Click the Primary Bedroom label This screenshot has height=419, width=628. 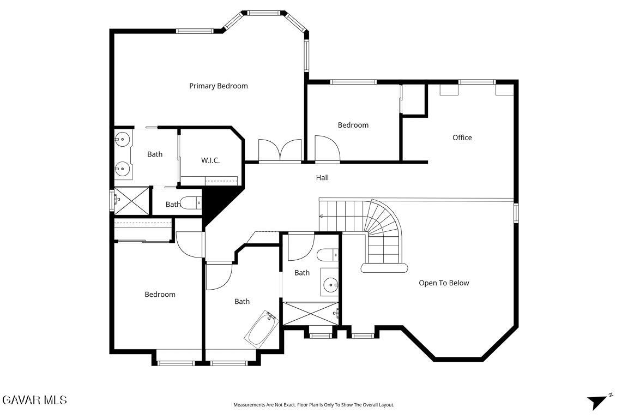[x=218, y=86]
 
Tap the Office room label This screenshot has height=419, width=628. [x=462, y=137]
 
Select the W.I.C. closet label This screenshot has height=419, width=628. [x=210, y=160]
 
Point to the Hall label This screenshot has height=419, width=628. [x=322, y=178]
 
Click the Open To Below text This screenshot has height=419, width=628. [x=444, y=283]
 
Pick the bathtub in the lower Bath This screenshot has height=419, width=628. [x=262, y=327]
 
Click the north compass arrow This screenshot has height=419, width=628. [x=599, y=401]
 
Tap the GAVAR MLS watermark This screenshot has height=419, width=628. [x=35, y=400]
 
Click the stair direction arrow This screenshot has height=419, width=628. [x=321, y=217]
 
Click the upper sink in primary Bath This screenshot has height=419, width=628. [x=122, y=140]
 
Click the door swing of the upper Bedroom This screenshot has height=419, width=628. [x=327, y=148]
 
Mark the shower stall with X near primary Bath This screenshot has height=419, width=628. [x=131, y=201]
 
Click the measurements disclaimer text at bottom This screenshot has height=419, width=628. [x=314, y=405]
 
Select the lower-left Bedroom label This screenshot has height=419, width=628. [x=160, y=294]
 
